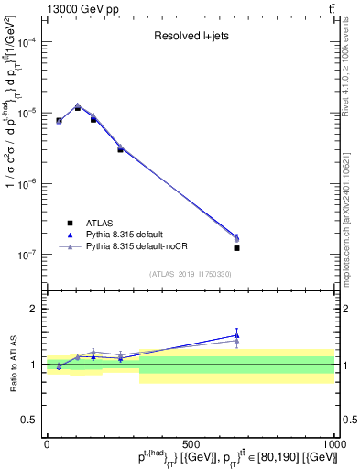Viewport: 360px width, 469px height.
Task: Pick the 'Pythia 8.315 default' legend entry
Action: point(129,234)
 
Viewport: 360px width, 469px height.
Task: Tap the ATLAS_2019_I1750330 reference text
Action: point(190,273)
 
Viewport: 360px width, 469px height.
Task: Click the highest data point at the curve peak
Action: point(78,106)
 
